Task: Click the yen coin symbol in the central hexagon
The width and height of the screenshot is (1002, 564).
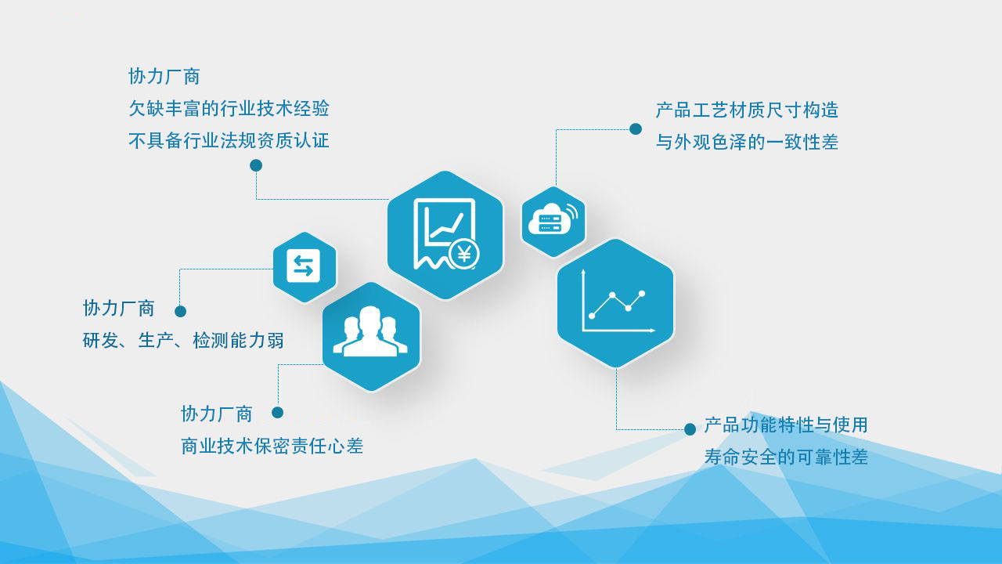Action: [x=464, y=255]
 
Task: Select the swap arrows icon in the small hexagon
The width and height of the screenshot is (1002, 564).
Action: [x=303, y=266]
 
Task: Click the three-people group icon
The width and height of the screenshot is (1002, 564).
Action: [x=370, y=331]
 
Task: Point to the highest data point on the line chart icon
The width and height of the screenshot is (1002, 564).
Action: [x=642, y=294]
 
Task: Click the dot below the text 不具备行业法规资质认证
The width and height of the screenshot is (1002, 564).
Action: [x=256, y=165]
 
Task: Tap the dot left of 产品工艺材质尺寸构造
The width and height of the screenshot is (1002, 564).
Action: [x=636, y=129]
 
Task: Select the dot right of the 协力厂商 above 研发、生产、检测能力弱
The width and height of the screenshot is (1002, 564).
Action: [x=180, y=312]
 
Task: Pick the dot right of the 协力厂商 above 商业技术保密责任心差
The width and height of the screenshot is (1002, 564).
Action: [x=277, y=413]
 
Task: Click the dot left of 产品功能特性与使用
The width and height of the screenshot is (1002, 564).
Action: [x=690, y=429]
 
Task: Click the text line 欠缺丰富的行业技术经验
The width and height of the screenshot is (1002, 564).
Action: [x=229, y=109]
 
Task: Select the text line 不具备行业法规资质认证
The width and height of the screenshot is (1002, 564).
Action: [x=229, y=141]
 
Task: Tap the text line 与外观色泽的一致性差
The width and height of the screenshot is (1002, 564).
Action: [x=747, y=143]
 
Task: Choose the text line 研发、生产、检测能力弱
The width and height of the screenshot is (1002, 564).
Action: [x=183, y=341]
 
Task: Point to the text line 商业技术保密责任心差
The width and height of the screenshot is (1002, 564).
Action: [x=272, y=446]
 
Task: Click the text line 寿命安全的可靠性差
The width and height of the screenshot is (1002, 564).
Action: [x=786, y=457]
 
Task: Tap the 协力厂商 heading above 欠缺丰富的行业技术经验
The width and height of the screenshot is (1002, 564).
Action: [x=164, y=77]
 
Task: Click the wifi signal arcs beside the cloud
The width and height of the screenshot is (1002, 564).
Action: [x=572, y=211]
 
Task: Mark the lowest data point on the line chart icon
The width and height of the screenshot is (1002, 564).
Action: [x=592, y=316]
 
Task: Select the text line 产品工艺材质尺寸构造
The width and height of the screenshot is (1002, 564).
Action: [x=747, y=110]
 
